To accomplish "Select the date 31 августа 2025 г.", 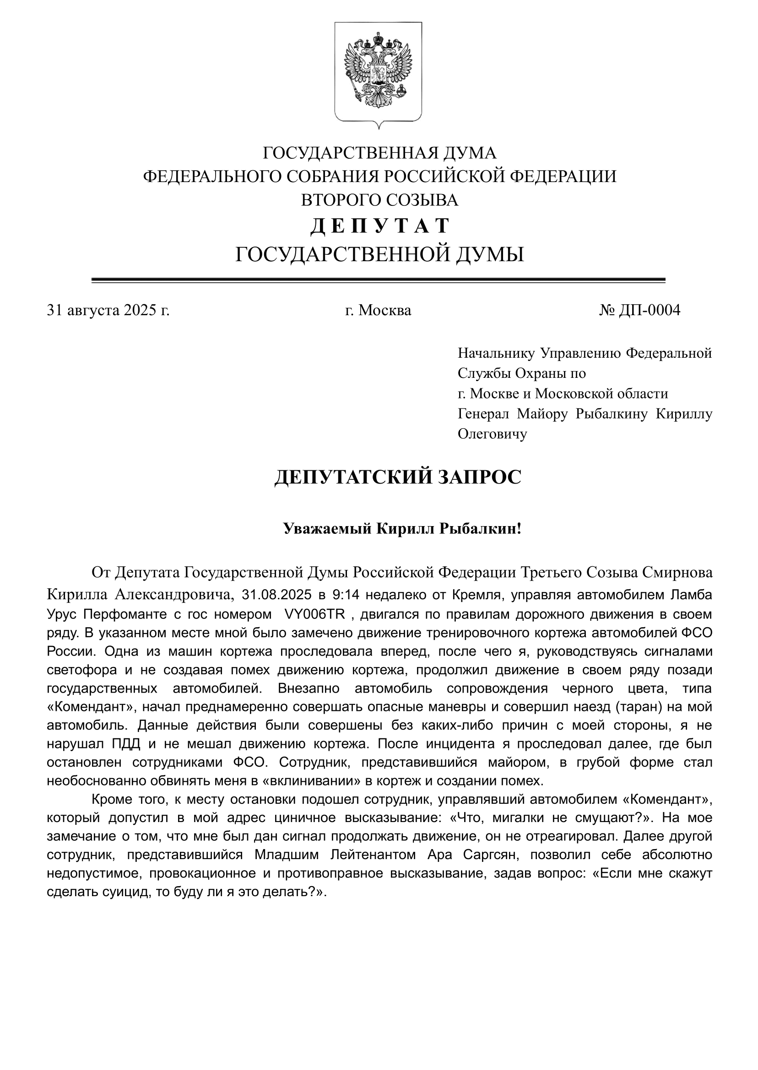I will click(108, 310).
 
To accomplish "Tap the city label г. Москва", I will click(378, 310).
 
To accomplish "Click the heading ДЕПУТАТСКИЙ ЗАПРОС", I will click(398, 478).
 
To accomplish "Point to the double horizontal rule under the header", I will click(378, 280).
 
